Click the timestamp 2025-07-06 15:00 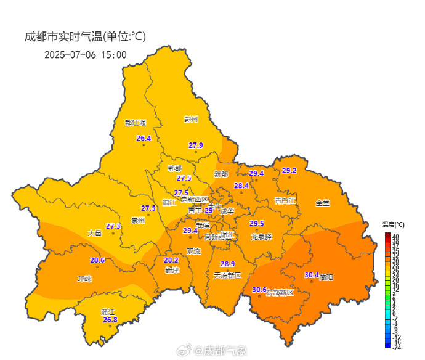coord(85,54)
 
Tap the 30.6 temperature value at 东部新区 coord(259,290)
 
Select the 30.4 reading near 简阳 coord(312,275)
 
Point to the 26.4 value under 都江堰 coord(144,138)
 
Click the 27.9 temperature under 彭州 coord(196,145)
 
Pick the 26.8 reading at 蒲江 coord(110,319)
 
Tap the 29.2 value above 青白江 coord(289,171)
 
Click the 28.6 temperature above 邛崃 coord(97,260)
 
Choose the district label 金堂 coord(323,203)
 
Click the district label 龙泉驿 coord(261,237)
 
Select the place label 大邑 coord(94,233)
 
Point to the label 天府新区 coord(227,275)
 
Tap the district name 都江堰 coord(135,123)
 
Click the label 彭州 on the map coord(192,119)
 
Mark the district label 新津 coord(172,270)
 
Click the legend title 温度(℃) coord(393,224)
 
